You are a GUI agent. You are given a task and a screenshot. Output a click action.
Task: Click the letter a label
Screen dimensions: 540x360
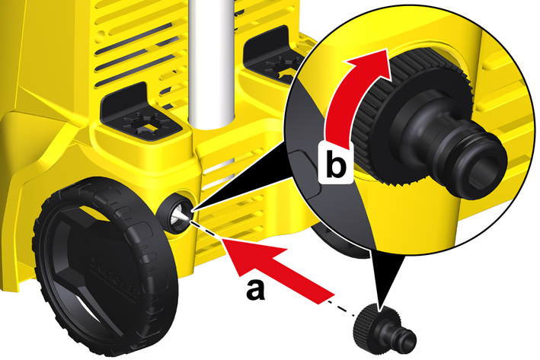point(256,290)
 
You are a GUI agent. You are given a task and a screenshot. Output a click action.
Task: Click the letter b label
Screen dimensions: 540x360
point(336,162)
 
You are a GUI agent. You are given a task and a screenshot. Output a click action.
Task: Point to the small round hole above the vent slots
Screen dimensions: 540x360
point(101,34)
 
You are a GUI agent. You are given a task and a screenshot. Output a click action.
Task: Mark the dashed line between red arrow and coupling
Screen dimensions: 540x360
point(341,308)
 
